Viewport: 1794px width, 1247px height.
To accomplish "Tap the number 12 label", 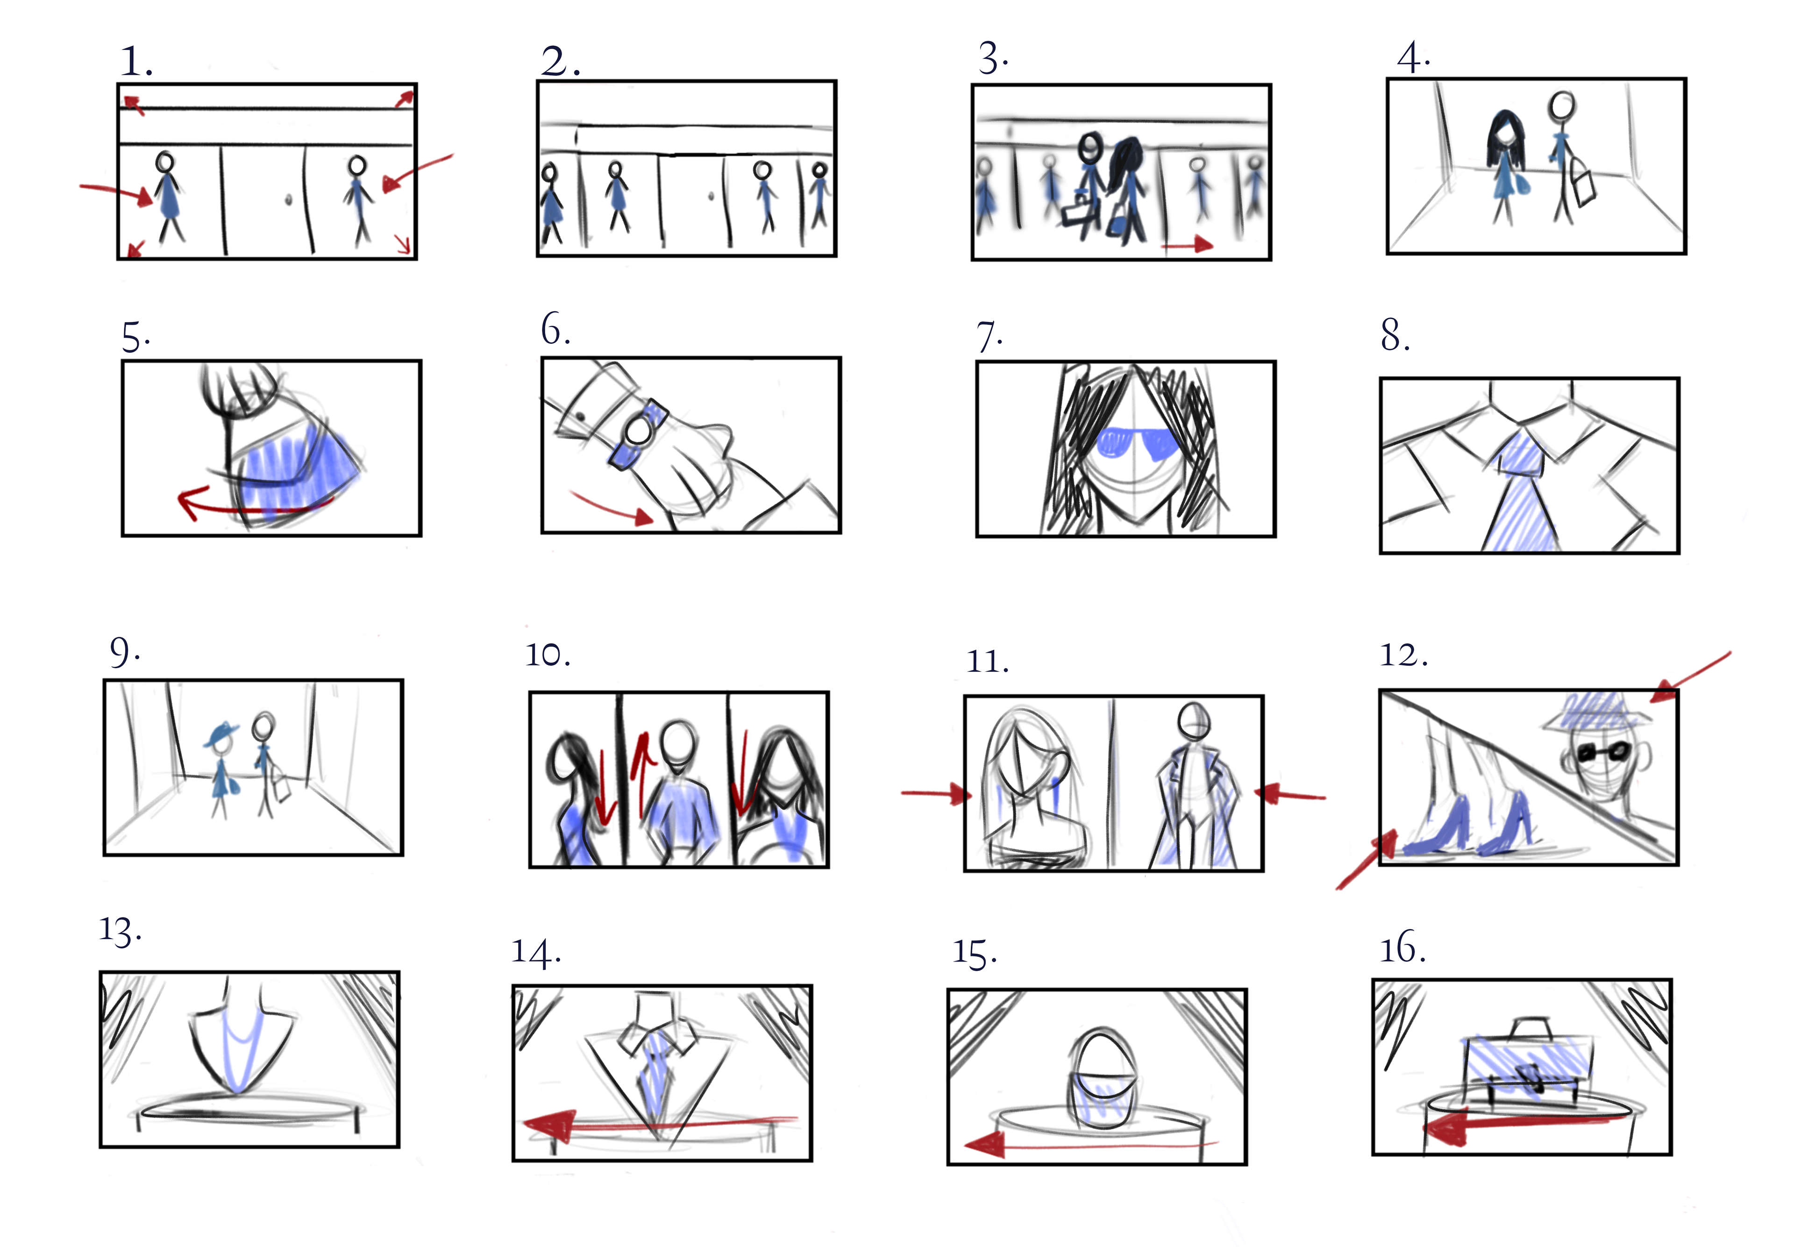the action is (x=1403, y=655).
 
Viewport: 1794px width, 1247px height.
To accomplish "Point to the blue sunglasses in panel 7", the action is (x=1138, y=442).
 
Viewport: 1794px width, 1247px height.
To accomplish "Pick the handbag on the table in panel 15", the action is (x=1101, y=1077).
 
